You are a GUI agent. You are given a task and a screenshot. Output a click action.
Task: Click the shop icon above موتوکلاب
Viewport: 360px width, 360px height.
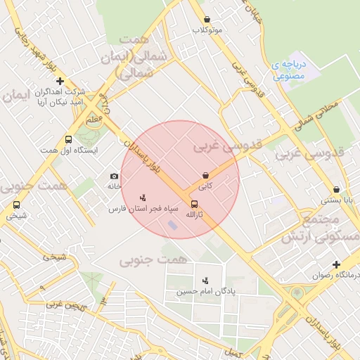click(207, 20)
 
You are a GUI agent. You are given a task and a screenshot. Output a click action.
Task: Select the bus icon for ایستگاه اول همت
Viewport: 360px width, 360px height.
click(68, 139)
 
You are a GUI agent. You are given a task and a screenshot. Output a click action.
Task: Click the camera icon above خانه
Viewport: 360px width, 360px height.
click(114, 176)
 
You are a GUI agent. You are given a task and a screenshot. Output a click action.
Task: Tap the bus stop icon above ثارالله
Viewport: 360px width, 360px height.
click(195, 204)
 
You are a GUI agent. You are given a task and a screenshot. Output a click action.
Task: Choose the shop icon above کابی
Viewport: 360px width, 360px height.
click(205, 175)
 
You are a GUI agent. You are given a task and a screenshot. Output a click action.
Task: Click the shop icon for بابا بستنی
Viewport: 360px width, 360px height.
click(337, 189)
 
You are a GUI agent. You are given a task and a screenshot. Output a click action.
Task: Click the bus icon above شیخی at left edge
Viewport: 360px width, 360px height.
click(16, 205)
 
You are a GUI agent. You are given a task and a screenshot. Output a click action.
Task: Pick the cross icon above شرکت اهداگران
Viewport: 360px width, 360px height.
click(60, 81)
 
